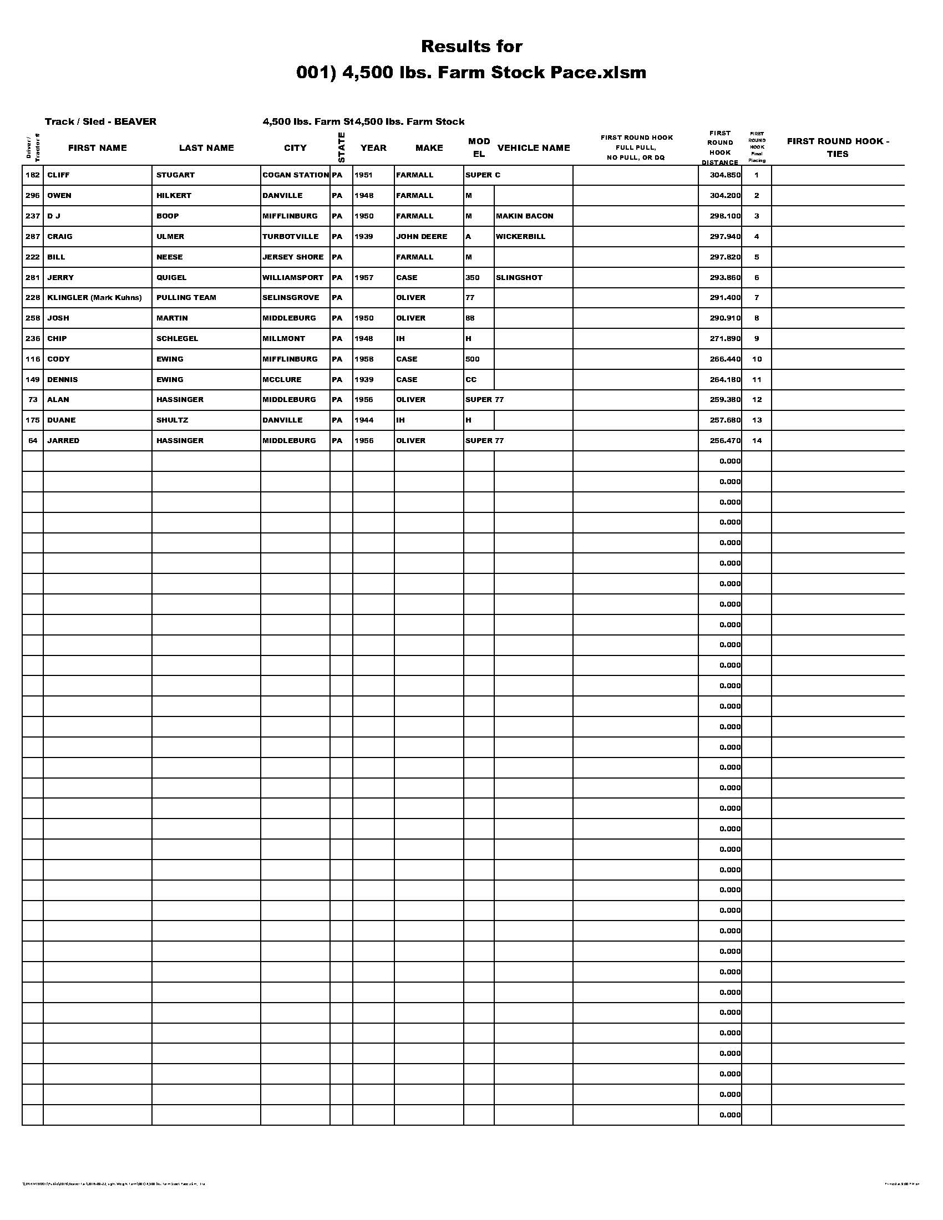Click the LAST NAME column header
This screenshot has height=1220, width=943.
click(x=206, y=148)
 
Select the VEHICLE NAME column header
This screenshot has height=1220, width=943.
click(x=533, y=148)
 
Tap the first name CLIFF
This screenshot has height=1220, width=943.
click(x=59, y=175)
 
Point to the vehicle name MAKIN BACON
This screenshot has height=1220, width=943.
click(x=524, y=216)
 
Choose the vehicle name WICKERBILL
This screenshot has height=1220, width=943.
click(x=520, y=237)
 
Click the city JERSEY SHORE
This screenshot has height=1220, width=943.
click(x=293, y=257)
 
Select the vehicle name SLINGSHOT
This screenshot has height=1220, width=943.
click(x=519, y=278)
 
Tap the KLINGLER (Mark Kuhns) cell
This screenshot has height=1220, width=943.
click(x=94, y=298)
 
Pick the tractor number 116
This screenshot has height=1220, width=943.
click(x=32, y=359)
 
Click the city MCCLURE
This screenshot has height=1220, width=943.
click(x=282, y=380)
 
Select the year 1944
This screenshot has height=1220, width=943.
click(x=364, y=420)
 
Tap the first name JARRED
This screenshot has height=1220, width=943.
click(x=63, y=441)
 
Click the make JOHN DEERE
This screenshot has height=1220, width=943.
click(x=421, y=237)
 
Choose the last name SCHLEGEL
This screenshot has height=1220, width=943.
click(x=177, y=338)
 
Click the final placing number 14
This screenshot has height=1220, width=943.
click(x=757, y=441)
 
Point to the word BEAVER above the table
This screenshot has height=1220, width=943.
click(x=135, y=122)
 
